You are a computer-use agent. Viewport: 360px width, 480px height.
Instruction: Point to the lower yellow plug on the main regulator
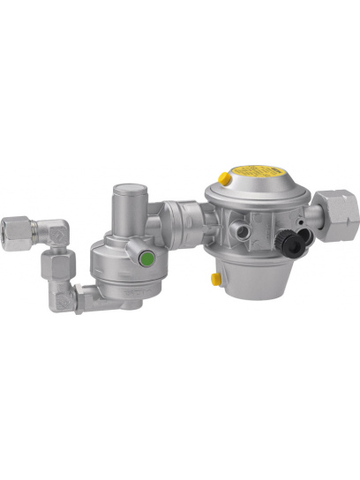(x=215, y=278)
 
